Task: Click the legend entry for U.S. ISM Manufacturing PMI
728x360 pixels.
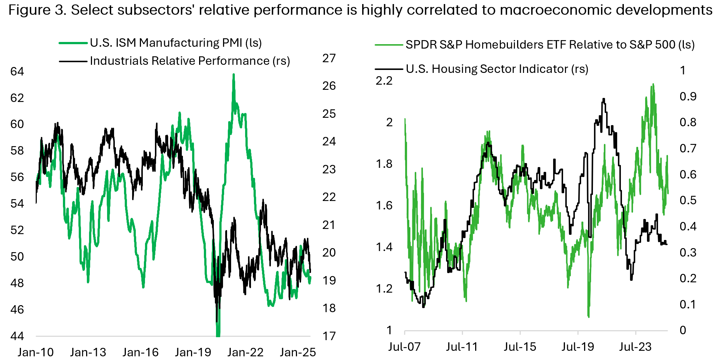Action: pos(176,43)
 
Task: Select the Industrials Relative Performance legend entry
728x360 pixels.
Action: pos(190,61)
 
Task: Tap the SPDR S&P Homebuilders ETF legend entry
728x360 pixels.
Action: pos(550,45)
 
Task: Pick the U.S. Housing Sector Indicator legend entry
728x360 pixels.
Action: pos(497,69)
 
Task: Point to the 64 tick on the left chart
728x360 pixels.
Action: pos(17,71)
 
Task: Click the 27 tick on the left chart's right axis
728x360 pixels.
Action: pos(329,58)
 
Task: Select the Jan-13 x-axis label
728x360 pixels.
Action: pos(88,352)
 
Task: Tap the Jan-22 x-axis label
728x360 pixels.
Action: pos(245,352)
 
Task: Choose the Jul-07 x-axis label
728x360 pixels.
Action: pos(404,346)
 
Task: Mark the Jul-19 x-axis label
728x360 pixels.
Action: pos(578,346)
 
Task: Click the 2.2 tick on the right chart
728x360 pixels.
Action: pos(384,81)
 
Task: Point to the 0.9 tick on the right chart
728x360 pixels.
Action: pos(688,96)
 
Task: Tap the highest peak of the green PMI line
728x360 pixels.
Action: pos(233,75)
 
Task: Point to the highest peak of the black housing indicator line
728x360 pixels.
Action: pos(604,99)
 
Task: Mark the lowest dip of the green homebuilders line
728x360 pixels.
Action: pos(589,316)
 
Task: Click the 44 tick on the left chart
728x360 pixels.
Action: pos(17,336)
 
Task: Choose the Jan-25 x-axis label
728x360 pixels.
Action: pos(298,352)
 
